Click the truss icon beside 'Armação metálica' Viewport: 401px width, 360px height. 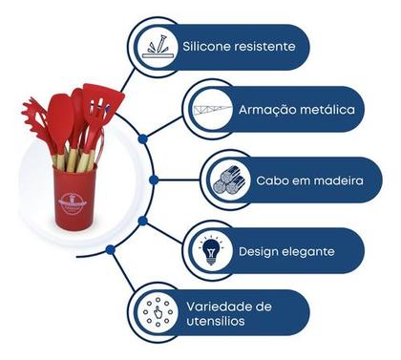point(213,110)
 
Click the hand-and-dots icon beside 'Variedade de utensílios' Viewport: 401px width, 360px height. point(156,313)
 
